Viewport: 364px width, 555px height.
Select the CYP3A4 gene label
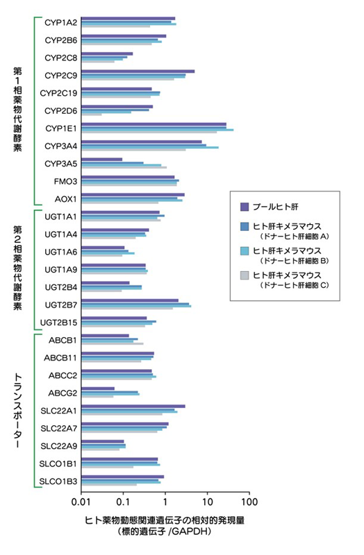pyautogui.click(x=60, y=146)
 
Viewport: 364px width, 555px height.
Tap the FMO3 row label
pyautogui.click(x=65, y=181)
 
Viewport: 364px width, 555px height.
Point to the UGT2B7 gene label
pyautogui.click(x=60, y=304)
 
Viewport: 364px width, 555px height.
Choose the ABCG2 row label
pyautogui.click(x=62, y=393)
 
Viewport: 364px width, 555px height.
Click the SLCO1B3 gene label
pyautogui.click(x=58, y=480)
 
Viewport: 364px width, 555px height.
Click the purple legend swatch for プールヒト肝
pyautogui.click(x=245, y=206)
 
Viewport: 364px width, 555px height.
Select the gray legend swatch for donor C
pyautogui.click(x=245, y=275)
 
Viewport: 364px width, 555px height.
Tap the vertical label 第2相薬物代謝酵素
pyautogui.click(x=19, y=267)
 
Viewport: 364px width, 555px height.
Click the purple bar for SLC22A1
pyautogui.click(x=133, y=407)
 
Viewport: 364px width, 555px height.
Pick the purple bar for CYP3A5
pyautogui.click(x=101, y=159)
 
